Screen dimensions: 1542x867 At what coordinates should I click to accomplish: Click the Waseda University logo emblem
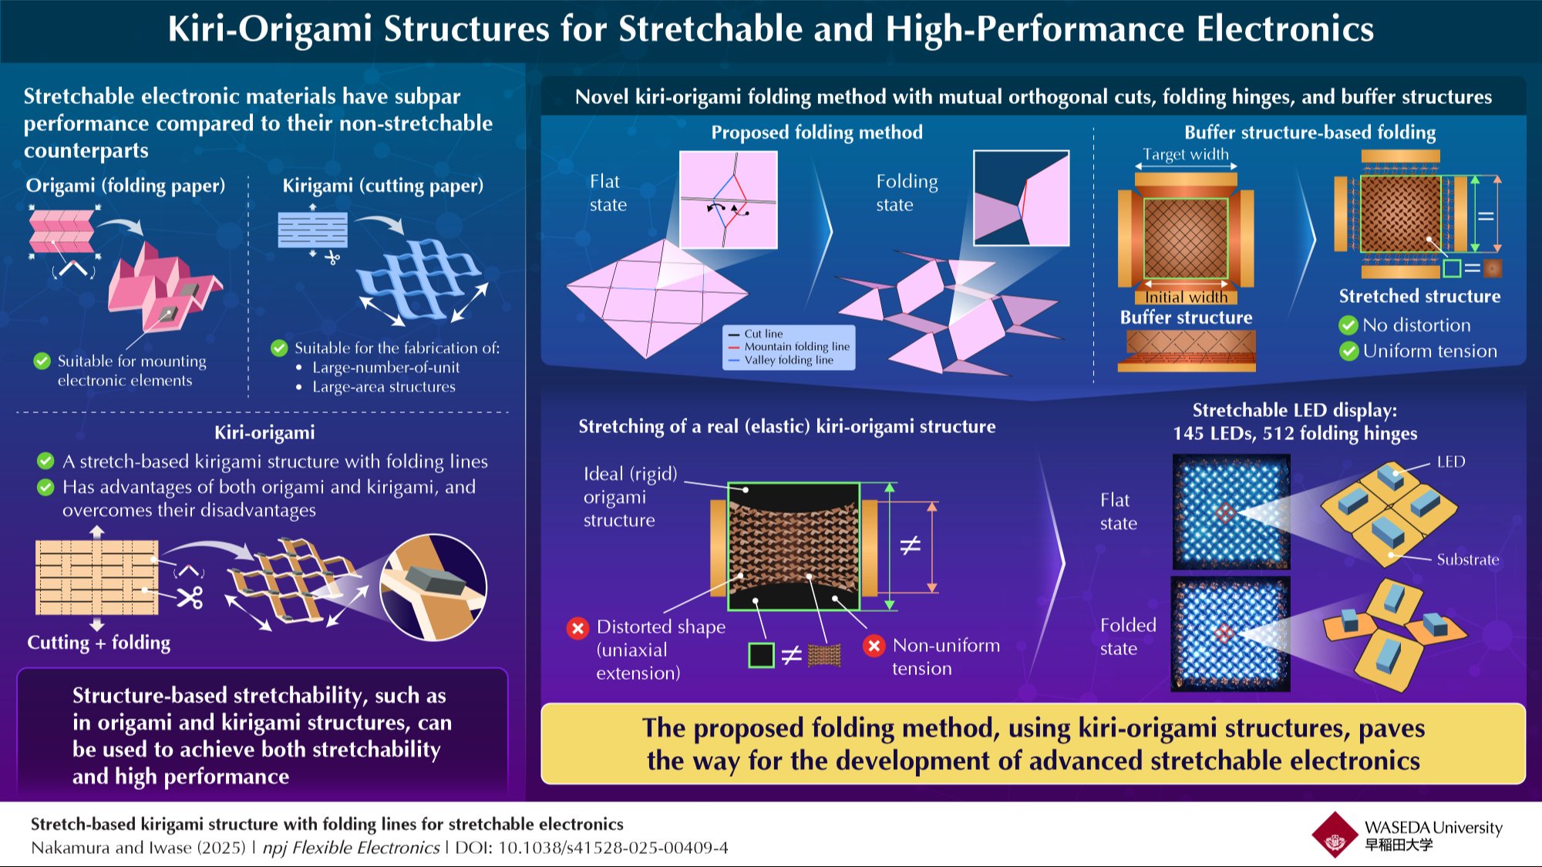point(1335,834)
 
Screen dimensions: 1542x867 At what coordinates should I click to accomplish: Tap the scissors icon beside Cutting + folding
point(190,597)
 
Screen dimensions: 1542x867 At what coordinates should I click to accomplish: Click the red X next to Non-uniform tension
point(874,645)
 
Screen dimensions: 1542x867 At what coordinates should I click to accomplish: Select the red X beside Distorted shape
point(577,628)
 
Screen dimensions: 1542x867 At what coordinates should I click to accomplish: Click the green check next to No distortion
point(1348,325)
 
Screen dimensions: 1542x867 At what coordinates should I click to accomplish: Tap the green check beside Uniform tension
point(1348,351)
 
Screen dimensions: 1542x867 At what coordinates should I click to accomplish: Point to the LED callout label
point(1450,462)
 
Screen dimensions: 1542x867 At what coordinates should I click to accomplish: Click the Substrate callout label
point(1468,560)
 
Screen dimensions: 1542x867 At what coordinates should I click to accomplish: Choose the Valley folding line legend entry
point(781,360)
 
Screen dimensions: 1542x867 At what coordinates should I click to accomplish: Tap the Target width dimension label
point(1186,154)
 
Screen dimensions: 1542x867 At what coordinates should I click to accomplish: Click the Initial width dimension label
point(1186,297)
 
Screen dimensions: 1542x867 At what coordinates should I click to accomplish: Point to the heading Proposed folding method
point(816,133)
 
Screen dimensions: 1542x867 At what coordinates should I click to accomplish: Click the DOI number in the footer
point(613,848)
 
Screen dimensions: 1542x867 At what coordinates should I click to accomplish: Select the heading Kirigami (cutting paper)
point(383,186)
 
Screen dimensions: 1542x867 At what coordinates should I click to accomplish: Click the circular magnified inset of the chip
point(433,587)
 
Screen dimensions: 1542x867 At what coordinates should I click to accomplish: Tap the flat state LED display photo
point(1231,512)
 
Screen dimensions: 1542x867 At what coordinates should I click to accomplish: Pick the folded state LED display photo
point(1231,634)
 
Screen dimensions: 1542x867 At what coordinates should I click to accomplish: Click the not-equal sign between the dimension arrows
point(911,546)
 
